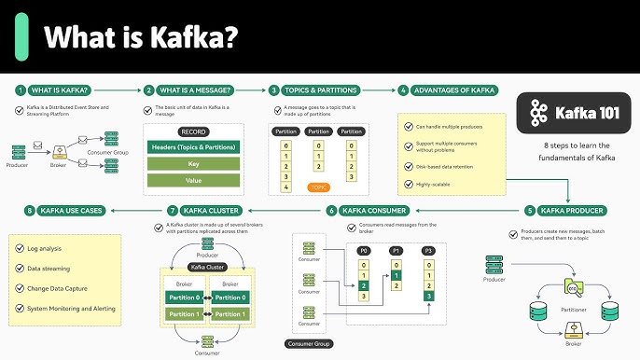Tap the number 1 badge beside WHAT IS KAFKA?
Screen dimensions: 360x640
click(x=20, y=90)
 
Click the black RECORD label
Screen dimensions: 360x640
click(x=194, y=132)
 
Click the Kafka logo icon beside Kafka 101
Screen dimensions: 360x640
click(x=537, y=113)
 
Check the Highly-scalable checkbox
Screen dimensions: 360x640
click(x=408, y=184)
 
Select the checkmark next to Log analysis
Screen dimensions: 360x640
click(x=20, y=247)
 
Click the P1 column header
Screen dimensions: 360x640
click(x=397, y=250)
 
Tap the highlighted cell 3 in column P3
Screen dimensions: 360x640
click(x=428, y=296)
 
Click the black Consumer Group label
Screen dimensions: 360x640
click(x=309, y=343)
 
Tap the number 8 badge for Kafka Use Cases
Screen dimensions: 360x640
click(x=30, y=211)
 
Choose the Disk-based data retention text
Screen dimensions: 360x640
click(x=448, y=166)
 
